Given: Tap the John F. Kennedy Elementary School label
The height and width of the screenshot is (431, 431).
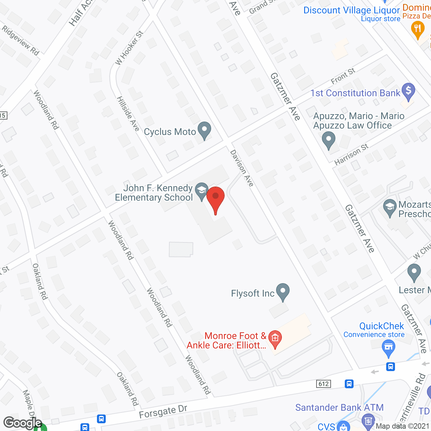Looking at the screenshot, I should click(x=154, y=193).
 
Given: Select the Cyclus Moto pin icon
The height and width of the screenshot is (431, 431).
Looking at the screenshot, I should click(x=204, y=131).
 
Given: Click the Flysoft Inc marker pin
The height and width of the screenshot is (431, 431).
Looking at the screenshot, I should click(x=283, y=292).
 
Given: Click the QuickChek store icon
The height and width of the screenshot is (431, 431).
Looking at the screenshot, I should click(x=389, y=347).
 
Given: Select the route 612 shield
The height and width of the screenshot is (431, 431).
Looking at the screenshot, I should click(x=324, y=384).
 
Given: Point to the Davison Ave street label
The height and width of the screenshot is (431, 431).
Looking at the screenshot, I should click(x=241, y=168).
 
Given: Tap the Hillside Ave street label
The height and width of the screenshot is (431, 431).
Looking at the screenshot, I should click(x=128, y=113).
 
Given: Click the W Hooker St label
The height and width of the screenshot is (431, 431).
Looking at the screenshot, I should click(x=129, y=47).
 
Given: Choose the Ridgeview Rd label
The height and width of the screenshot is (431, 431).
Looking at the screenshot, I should click(x=21, y=40).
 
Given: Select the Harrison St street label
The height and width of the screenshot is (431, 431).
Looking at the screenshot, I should click(x=351, y=154).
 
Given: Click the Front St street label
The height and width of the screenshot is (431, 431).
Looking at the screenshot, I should click(x=343, y=76).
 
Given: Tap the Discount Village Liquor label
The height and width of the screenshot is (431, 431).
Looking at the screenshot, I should click(x=352, y=10).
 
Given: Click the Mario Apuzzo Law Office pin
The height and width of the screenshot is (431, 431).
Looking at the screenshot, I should click(x=328, y=140).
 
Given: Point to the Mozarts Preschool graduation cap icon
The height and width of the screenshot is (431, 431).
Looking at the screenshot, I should click(x=390, y=207).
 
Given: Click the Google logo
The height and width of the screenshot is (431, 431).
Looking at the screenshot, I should click(x=22, y=423).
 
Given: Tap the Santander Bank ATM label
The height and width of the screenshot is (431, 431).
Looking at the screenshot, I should click(x=339, y=407).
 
